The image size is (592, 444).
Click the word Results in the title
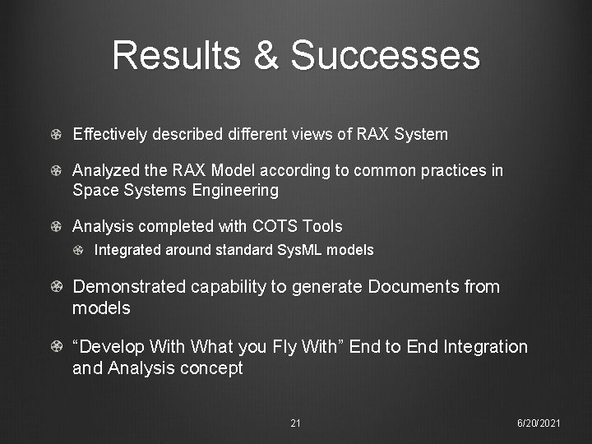click(x=176, y=55)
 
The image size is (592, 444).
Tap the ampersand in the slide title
click(x=266, y=55)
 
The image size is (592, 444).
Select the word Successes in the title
click(x=385, y=55)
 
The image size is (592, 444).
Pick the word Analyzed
click(x=106, y=170)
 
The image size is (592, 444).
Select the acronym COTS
click(x=277, y=226)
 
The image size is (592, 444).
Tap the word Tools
click(x=322, y=226)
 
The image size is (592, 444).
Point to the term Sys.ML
click(x=295, y=250)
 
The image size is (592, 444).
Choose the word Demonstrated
click(x=129, y=287)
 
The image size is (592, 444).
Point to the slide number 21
click(x=295, y=423)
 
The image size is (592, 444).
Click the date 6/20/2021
click(x=539, y=423)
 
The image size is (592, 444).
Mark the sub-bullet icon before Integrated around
click(x=79, y=250)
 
